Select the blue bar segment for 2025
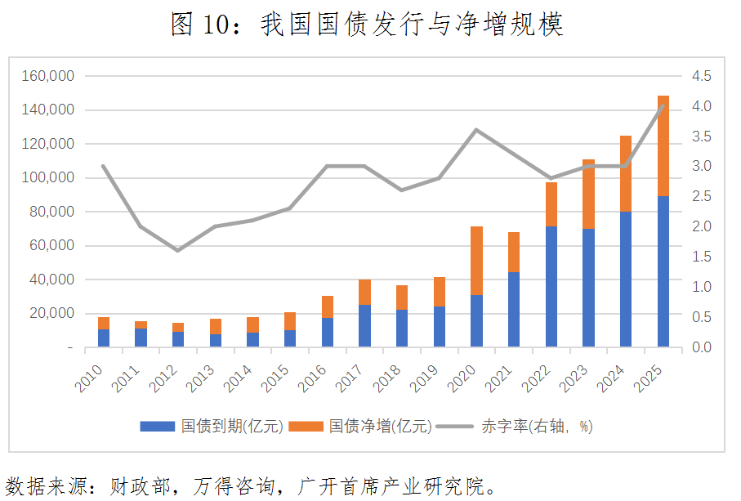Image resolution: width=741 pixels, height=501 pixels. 663,271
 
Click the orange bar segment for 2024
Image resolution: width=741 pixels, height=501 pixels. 626,173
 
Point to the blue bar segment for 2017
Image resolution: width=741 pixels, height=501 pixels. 364,326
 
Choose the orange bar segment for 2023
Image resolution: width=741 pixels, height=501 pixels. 588,194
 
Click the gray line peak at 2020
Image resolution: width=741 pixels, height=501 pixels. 476,130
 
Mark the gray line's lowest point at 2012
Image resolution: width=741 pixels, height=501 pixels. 178,249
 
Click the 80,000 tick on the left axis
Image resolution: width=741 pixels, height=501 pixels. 51,212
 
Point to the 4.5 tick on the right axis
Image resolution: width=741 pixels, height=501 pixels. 702,76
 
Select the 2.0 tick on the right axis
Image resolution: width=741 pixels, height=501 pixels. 702,226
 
